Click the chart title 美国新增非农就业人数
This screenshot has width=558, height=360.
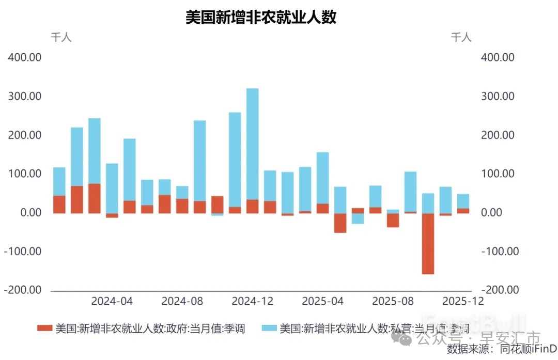pyautogui.click(x=261, y=18)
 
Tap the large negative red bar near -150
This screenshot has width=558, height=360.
pyautogui.click(x=428, y=243)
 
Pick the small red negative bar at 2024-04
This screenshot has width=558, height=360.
pyautogui.click(x=112, y=215)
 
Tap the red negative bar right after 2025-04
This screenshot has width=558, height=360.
pyautogui.click(x=340, y=223)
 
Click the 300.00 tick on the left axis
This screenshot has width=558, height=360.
pyautogui.click(x=24, y=97)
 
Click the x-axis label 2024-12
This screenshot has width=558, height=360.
pyautogui.click(x=252, y=301)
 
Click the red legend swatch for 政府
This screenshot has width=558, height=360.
pyautogui.click(x=44, y=328)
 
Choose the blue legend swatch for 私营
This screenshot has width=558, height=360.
pyautogui.click(x=269, y=328)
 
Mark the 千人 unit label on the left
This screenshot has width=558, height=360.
pyautogui.click(x=61, y=37)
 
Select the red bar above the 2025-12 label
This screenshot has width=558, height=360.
pyautogui.click(x=463, y=211)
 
